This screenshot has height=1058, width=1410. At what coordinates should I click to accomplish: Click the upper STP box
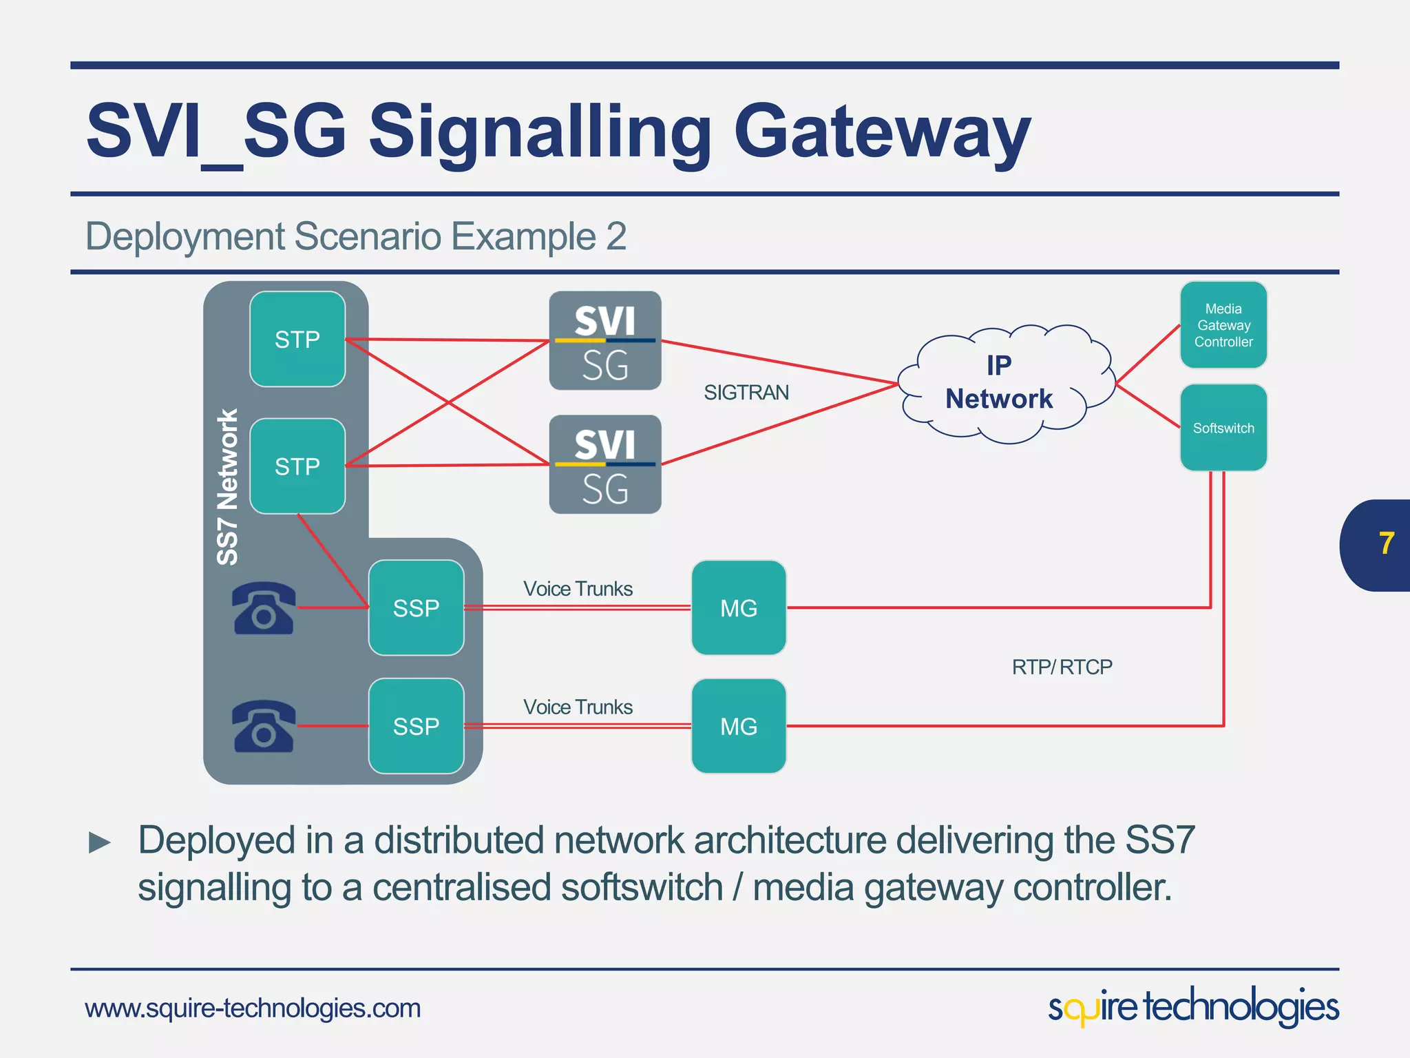click(297, 339)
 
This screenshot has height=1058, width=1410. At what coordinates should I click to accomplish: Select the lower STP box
click(297, 466)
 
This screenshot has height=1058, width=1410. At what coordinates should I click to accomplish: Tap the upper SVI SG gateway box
click(604, 340)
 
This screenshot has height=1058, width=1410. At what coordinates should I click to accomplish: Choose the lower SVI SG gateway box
click(604, 464)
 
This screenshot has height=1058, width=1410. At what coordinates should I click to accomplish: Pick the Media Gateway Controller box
click(1223, 325)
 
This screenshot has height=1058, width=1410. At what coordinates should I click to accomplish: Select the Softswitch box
click(1223, 428)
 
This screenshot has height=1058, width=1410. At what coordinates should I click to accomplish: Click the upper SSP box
click(416, 608)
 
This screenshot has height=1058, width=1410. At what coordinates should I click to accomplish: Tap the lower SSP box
click(416, 726)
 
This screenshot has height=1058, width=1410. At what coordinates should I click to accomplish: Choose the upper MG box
click(738, 608)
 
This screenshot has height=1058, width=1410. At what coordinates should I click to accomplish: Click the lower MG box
click(738, 726)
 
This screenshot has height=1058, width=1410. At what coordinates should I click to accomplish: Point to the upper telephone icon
click(264, 608)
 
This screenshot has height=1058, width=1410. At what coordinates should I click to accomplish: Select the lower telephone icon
click(264, 727)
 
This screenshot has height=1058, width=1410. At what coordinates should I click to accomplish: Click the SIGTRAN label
click(746, 393)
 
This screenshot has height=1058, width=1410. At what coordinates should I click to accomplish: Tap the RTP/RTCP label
click(1062, 667)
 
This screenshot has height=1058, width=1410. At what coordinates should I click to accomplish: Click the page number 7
click(1386, 544)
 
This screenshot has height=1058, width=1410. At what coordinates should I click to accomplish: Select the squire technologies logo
click(1192, 1007)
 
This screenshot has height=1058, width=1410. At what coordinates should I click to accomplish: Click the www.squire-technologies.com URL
click(253, 1008)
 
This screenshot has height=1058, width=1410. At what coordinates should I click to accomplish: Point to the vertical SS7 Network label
click(227, 486)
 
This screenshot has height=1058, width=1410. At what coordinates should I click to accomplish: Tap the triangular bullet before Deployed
click(100, 842)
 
